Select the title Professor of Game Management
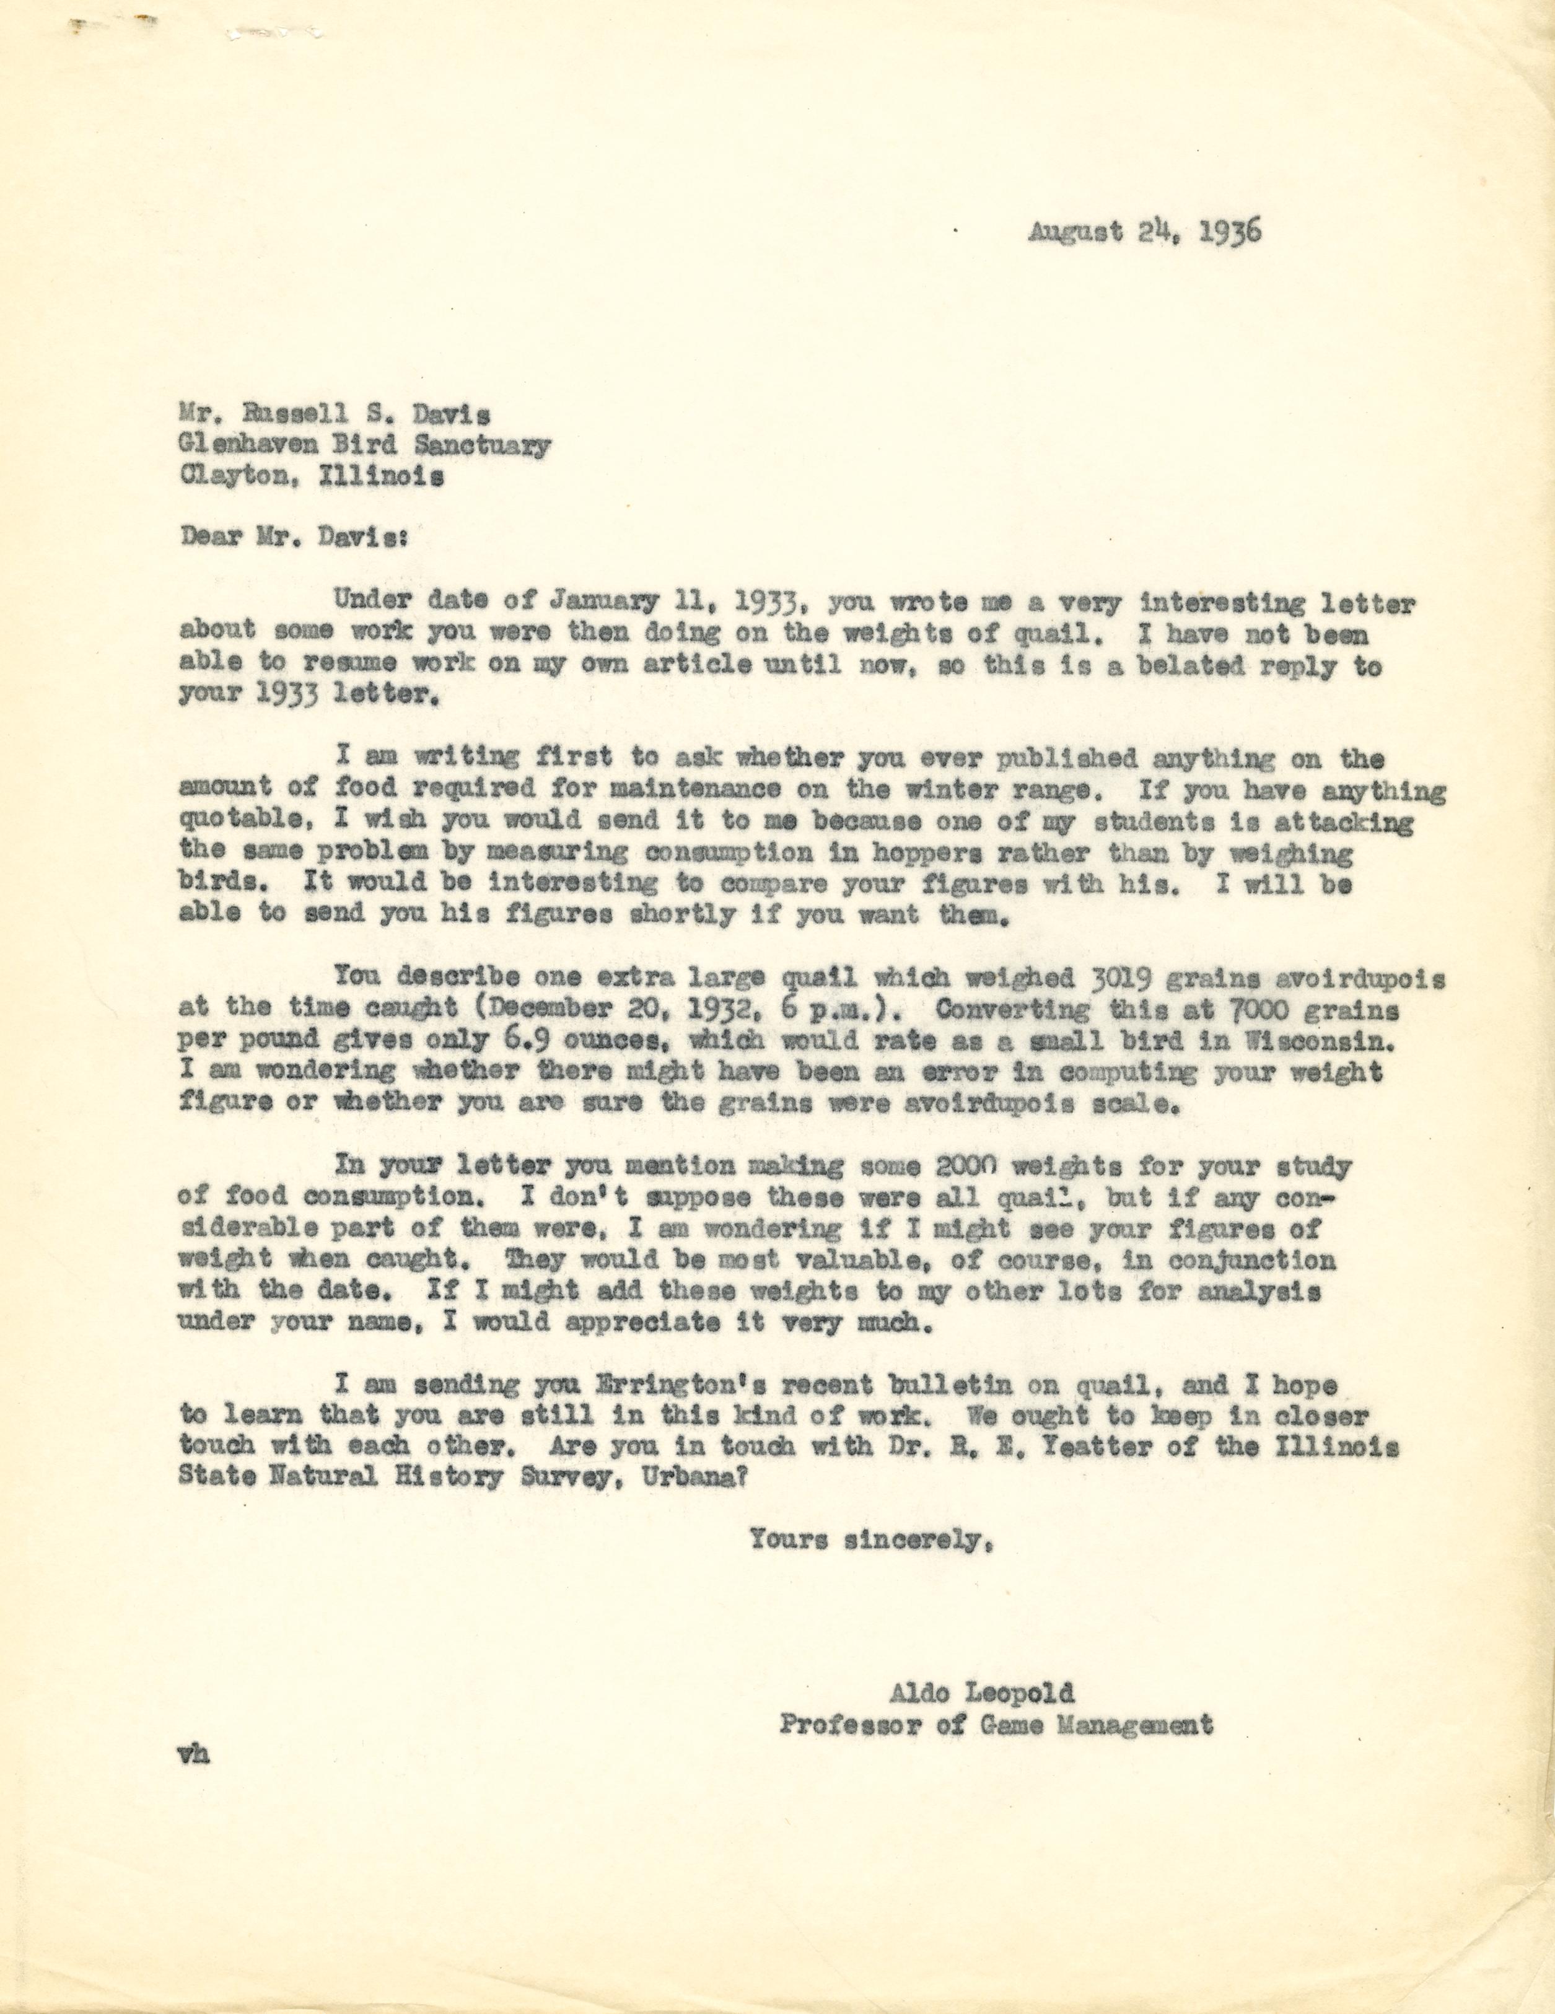point(995,1725)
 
